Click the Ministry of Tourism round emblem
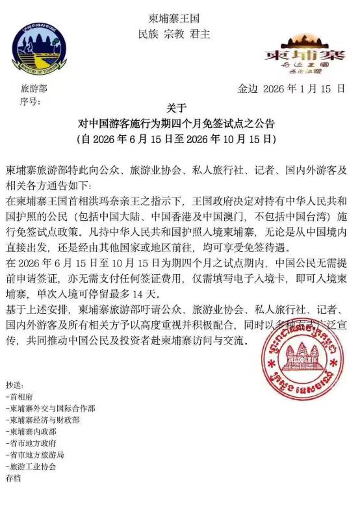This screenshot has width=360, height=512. [38, 50]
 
